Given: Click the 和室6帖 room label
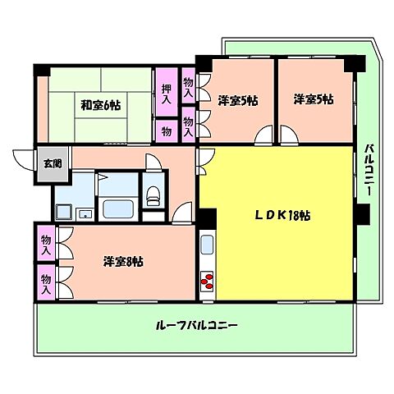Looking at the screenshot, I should click(x=101, y=106).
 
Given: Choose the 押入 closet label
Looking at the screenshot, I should click(x=167, y=94).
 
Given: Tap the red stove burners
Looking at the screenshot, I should click(x=206, y=282).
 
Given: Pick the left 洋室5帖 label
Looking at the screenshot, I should click(x=238, y=100).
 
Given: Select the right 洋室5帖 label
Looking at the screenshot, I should click(x=314, y=100).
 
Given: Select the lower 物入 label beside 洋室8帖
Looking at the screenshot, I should click(x=46, y=282).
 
